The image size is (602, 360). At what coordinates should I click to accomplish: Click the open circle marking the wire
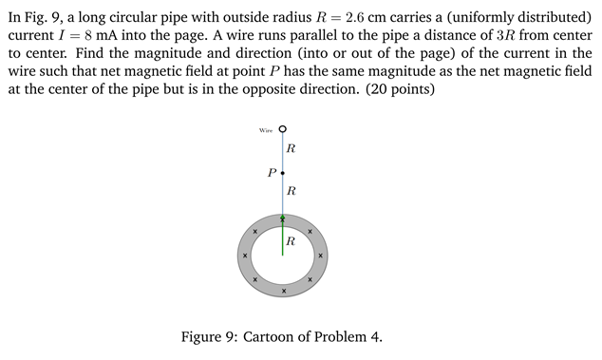pyautogui.click(x=283, y=130)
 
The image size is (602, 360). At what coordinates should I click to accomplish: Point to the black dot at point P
pyautogui.click(x=283, y=173)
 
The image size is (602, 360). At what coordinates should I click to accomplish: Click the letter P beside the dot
pyautogui.click(x=272, y=173)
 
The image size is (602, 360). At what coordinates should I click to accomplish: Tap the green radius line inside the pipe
pyautogui.click(x=283, y=237)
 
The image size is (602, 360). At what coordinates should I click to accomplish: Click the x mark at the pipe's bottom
pyautogui.click(x=283, y=290)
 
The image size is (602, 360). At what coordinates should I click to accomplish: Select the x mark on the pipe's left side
pyautogui.click(x=244, y=256)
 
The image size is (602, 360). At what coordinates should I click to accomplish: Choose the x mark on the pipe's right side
pyautogui.click(x=321, y=256)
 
